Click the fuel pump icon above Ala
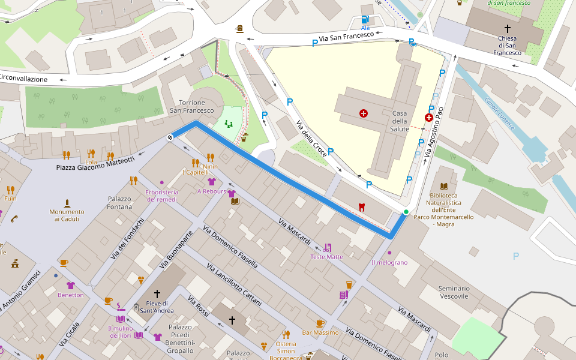(x=365, y=19)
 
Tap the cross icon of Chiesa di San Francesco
(x=508, y=28)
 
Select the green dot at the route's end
(x=406, y=212)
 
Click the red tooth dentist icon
(x=361, y=206)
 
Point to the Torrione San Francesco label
(x=191, y=106)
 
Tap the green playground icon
(x=229, y=124)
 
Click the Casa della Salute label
(x=400, y=121)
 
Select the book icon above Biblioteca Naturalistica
(x=443, y=187)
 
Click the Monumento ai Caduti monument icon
(x=67, y=203)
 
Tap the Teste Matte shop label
(x=326, y=257)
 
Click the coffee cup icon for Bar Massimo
(x=320, y=323)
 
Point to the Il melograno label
(x=389, y=262)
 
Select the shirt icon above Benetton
(x=71, y=286)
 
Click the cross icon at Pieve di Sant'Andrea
(x=157, y=294)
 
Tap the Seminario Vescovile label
(x=454, y=292)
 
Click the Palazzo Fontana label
(x=119, y=203)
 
